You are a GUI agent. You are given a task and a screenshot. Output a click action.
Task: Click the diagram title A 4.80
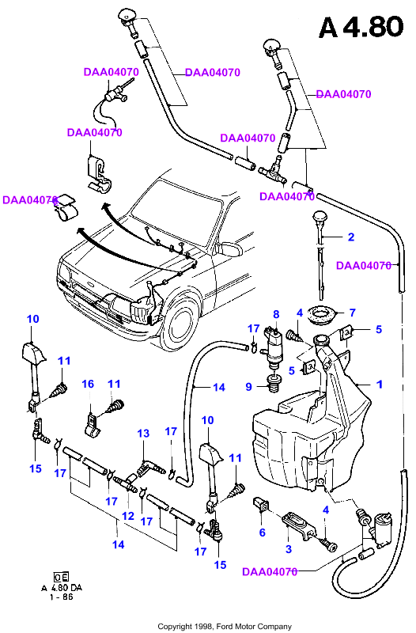tap(361, 27)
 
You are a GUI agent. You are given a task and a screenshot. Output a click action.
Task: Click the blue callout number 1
tap(380, 384)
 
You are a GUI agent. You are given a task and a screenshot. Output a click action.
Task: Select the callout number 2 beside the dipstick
tap(351, 237)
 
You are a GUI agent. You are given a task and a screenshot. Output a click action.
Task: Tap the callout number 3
tap(288, 548)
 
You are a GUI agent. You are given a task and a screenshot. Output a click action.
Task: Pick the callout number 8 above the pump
tap(276, 314)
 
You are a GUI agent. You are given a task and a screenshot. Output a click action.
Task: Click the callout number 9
tap(248, 387)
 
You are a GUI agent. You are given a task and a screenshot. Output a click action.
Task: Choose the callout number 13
tap(143, 433)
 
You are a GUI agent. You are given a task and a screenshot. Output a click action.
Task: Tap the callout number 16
tap(88, 384)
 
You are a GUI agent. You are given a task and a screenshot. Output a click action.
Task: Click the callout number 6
tap(263, 533)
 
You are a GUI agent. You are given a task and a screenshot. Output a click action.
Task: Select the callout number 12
tap(128, 516)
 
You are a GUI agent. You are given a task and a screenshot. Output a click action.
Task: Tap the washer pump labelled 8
tap(274, 347)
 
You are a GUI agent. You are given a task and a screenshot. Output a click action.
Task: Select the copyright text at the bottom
tap(225, 626)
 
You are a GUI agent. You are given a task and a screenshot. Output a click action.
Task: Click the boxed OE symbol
tap(61, 577)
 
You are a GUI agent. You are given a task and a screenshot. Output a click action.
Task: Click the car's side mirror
tap(229, 248)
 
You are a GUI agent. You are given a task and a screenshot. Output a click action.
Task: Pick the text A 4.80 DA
tap(62, 588)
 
